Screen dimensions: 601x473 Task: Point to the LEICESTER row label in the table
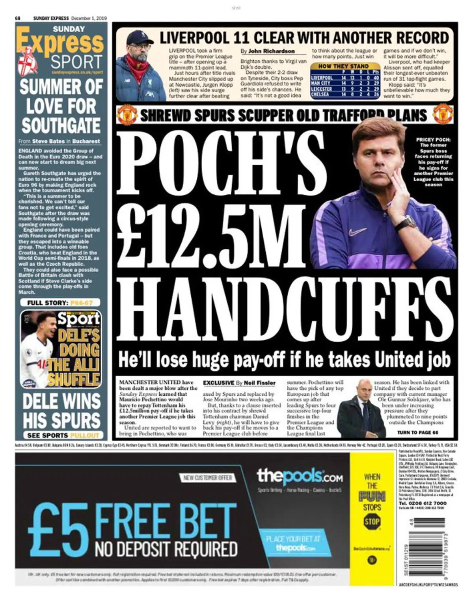[x=322, y=89]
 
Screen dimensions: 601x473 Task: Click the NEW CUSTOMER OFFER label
[x=208, y=478]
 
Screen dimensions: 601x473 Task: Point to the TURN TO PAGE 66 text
[x=417, y=432]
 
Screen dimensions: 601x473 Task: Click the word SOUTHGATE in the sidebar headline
[x=61, y=125]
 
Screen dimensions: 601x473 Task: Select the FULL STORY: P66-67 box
[x=60, y=303]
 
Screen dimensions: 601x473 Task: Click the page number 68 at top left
[x=18, y=18]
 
